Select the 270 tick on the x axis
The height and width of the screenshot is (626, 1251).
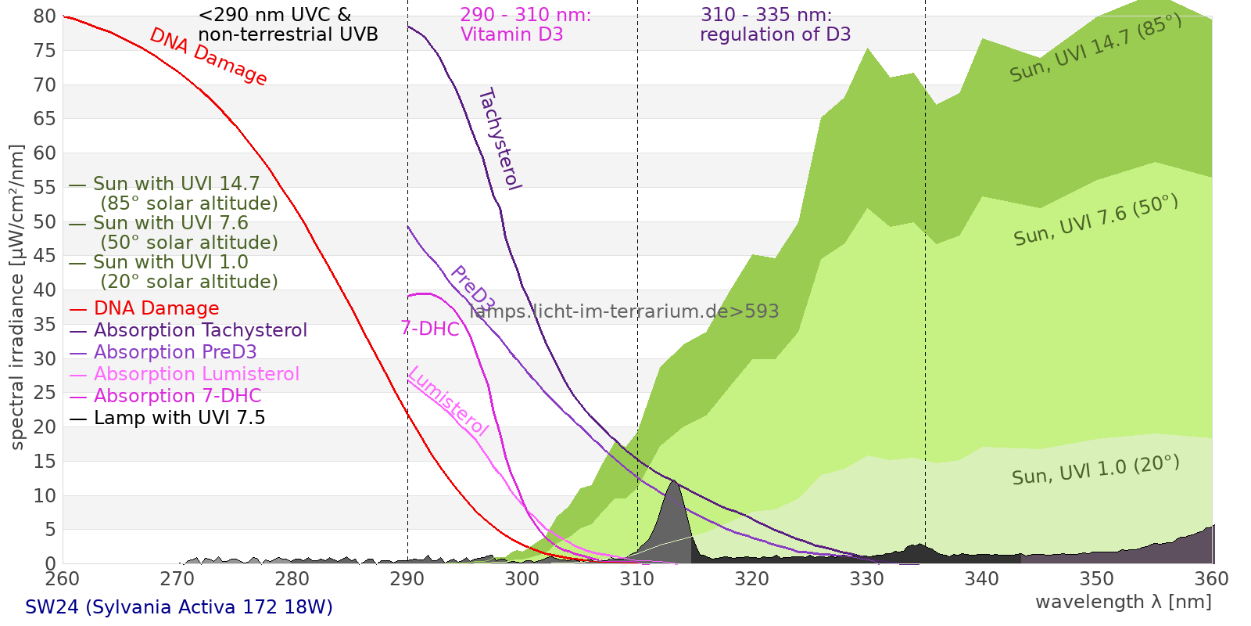point(177,579)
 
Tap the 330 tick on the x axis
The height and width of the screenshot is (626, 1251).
point(867,579)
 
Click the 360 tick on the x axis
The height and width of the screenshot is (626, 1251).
point(1212,579)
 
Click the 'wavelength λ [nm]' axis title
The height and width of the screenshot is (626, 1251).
point(1123,602)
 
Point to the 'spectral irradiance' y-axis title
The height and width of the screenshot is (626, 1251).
point(17,297)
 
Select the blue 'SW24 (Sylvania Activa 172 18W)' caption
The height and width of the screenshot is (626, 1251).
point(179,607)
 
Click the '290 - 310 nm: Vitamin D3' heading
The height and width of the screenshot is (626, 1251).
point(525,25)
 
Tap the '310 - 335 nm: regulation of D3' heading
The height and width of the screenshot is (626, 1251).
point(775,25)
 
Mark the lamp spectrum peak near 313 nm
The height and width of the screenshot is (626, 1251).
point(673,481)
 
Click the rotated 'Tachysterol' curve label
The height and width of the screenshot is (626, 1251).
point(499,139)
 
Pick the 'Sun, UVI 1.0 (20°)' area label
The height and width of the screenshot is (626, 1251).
point(1095,470)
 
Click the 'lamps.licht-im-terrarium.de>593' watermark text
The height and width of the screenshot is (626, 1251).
point(624,311)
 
